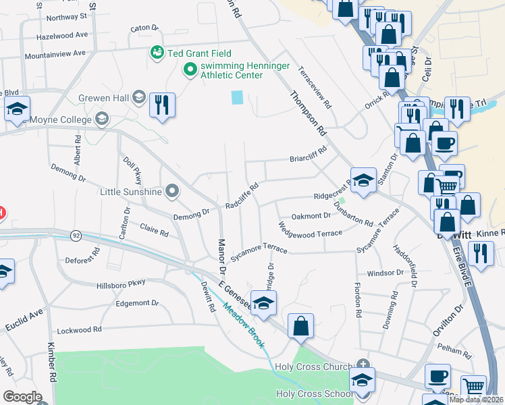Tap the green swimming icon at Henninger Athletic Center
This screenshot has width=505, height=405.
(190, 69)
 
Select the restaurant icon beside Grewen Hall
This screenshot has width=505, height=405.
(161, 105)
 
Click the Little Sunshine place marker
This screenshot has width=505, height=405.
(171, 192)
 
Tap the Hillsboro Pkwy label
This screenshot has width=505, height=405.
(121, 283)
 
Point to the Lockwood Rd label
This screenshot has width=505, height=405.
(79, 329)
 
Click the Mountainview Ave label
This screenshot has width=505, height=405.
(54, 53)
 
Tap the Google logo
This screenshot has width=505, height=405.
(22, 397)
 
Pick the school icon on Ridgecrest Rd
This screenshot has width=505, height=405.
(363, 180)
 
